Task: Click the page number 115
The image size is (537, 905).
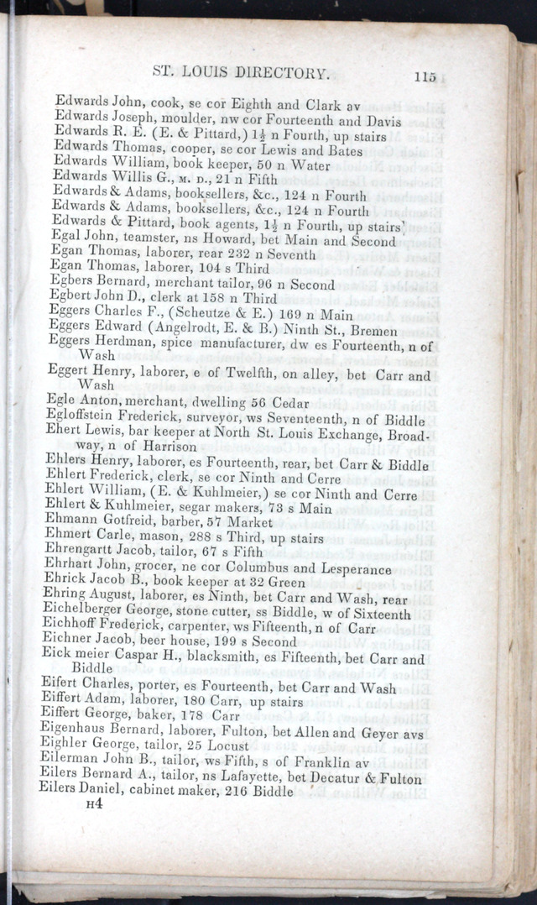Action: click(425, 76)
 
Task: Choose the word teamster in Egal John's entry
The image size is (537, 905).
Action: click(141, 240)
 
